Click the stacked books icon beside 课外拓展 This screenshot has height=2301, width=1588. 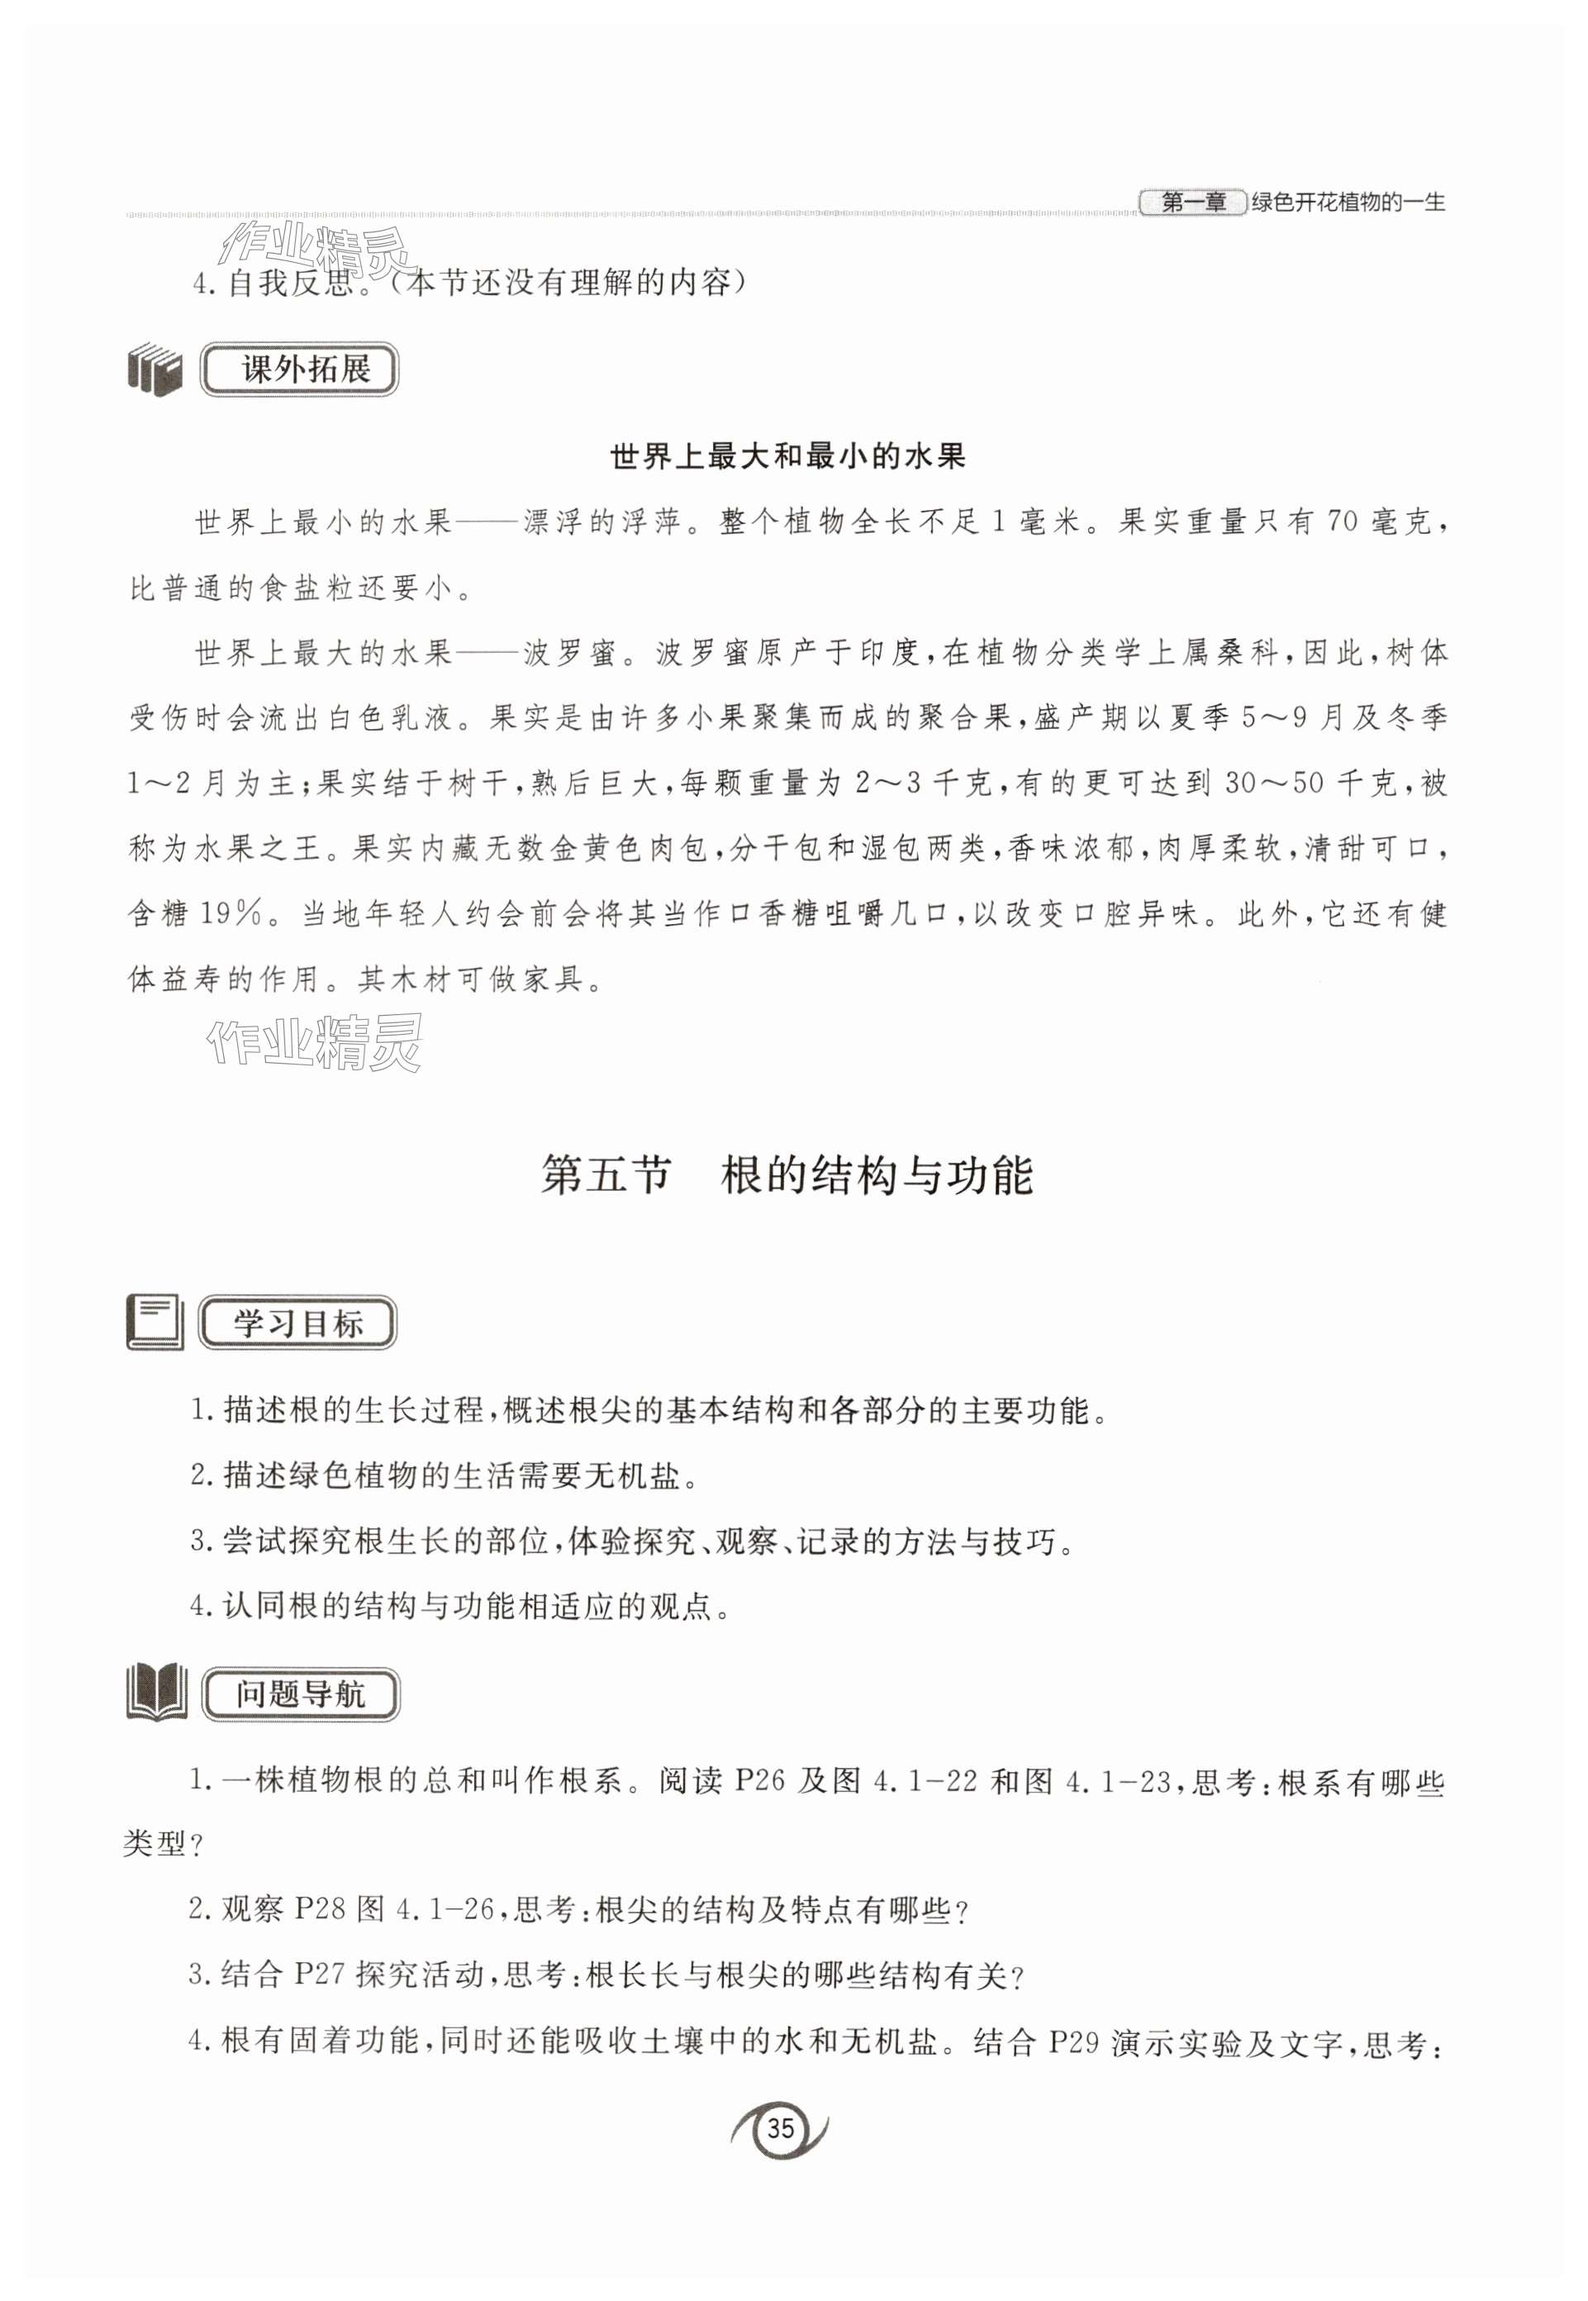coord(155,369)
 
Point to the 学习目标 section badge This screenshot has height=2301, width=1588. coord(297,1324)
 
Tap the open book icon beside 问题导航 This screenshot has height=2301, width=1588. coord(156,1693)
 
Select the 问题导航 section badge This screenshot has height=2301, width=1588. coord(301,1694)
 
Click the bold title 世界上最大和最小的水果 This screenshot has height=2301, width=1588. coord(787,457)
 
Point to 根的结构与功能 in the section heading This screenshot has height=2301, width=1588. coord(877,1174)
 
